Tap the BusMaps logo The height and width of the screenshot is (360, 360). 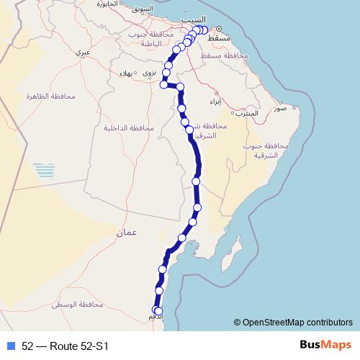pos(326,345)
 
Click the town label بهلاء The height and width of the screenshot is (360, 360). pos(130,73)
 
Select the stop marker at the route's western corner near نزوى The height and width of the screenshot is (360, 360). pos(163,84)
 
